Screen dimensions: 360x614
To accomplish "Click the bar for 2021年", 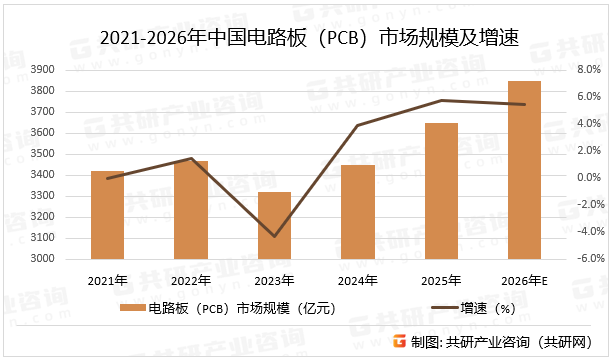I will point(107,215).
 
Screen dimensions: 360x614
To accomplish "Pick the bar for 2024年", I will point(358,212).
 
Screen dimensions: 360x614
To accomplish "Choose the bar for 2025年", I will point(441,191).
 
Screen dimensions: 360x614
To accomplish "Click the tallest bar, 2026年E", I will point(524,170).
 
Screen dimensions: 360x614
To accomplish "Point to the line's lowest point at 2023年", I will point(274,237).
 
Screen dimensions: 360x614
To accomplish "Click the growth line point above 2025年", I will point(441,100).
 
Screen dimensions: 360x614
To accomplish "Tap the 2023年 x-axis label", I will point(274,280).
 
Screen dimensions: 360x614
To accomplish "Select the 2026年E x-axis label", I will point(525,280).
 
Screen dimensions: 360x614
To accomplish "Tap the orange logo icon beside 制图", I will point(398,341).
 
